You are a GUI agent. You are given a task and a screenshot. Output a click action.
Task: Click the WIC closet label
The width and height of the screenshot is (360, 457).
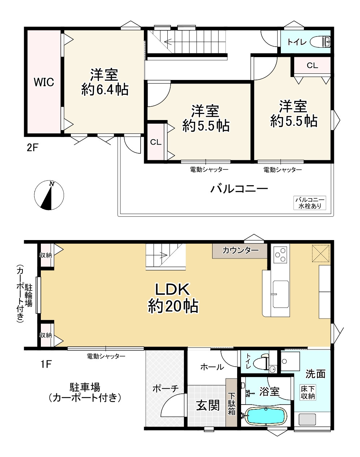(x=44, y=82)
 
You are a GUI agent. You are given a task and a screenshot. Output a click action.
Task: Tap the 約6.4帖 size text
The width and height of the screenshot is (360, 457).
(x=105, y=90)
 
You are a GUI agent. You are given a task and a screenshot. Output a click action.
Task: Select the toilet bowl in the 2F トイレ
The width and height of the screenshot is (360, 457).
(x=320, y=42)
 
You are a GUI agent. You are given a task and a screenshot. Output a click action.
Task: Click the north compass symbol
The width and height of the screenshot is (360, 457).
(x=49, y=195)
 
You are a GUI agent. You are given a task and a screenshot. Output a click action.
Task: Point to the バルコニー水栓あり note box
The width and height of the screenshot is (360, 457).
(x=310, y=203)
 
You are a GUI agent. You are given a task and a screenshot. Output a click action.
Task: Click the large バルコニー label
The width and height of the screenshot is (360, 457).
(x=239, y=189)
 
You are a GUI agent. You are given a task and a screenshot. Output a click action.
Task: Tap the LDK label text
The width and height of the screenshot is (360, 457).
(x=172, y=290)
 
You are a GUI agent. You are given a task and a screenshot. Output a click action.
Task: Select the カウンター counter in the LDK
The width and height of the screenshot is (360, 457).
(x=240, y=251)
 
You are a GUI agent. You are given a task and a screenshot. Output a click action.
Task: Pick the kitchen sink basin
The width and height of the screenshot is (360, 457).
(x=280, y=294)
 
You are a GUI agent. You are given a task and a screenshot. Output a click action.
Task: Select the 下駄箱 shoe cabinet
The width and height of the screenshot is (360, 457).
(x=231, y=402)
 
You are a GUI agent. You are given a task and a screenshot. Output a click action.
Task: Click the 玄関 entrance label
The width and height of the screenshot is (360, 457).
(x=207, y=406)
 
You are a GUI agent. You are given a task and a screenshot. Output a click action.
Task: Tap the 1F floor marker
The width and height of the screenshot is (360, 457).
(x=46, y=364)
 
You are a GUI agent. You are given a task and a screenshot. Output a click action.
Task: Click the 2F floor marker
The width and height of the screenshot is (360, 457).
(x=32, y=148)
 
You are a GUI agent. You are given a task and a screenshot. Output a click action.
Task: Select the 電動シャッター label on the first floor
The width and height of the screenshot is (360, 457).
(x=106, y=356)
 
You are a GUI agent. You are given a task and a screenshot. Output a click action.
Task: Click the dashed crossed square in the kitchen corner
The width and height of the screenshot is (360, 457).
(x=321, y=253)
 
